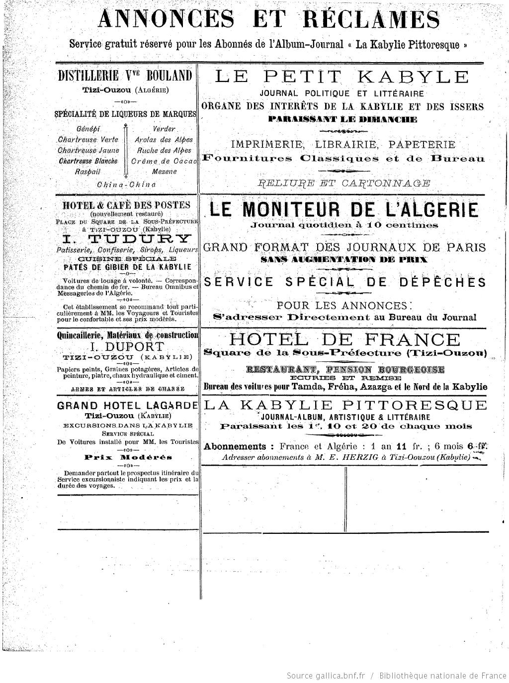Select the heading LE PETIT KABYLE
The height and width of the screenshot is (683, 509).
click(341, 77)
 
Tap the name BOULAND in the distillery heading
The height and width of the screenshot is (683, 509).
click(168, 76)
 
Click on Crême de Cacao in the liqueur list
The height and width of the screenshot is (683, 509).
click(164, 161)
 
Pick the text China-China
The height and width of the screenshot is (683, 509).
click(126, 184)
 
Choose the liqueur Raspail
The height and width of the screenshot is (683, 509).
click(88, 171)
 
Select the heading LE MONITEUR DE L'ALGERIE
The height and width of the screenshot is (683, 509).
click(343, 209)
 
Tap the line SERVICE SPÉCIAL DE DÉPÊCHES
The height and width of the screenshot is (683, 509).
click(345, 282)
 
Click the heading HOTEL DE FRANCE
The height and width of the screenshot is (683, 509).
click(344, 340)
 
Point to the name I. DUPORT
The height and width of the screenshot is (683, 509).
click(127, 346)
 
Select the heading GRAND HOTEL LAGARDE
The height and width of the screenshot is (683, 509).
click(128, 405)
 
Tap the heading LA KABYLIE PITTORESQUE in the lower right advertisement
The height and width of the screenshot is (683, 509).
click(345, 405)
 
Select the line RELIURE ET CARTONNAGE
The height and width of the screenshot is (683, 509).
click(344, 183)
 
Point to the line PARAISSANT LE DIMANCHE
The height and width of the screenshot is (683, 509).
click(342, 119)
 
